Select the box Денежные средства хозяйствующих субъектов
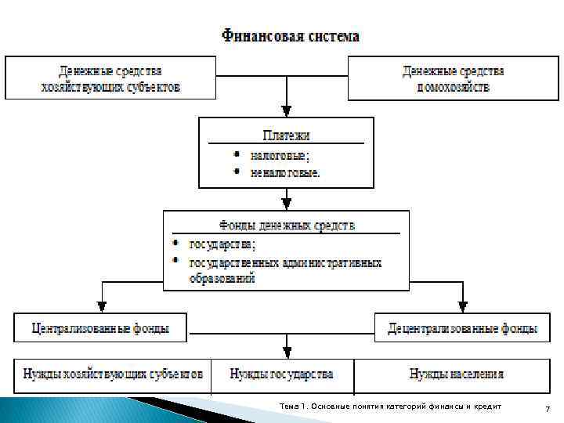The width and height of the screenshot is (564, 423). tap(110, 78)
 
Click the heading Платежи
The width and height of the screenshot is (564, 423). tap(285, 135)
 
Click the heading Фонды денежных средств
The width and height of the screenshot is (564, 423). tap(285, 226)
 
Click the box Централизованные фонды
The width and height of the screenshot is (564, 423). tap(99, 327)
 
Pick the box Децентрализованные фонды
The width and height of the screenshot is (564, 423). tap(463, 327)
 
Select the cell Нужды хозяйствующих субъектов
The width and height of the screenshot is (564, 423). tap(113, 374)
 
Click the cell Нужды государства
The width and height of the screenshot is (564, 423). tap(281, 374)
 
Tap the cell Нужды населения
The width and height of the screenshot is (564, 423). tap(456, 374)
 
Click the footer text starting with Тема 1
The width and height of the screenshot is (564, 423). tap(390, 405)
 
